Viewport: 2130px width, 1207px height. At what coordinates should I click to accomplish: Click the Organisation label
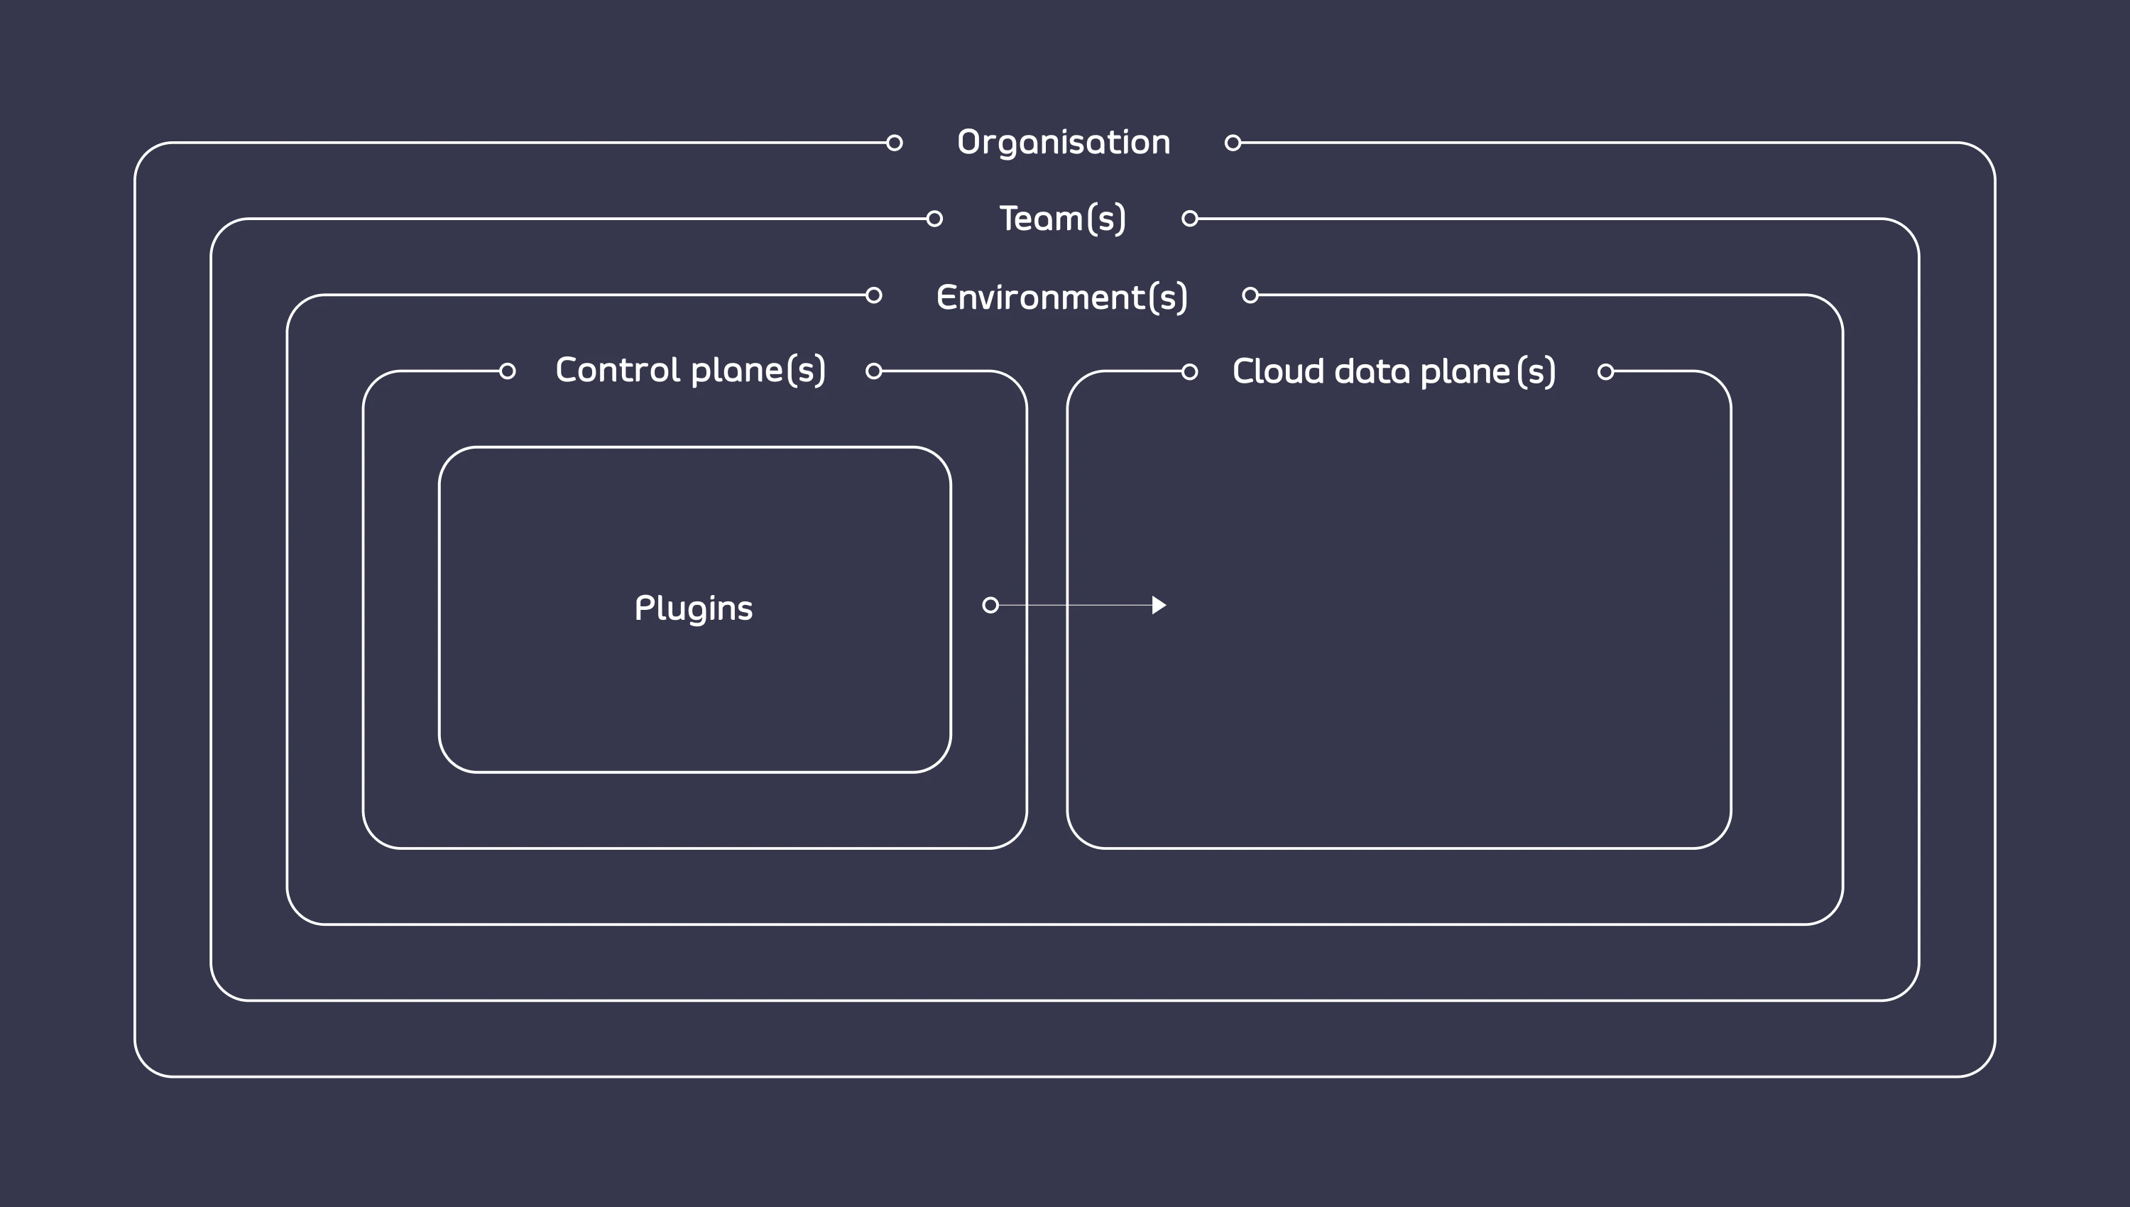pyautogui.click(x=1064, y=143)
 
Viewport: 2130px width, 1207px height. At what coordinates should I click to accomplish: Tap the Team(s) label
pyautogui.click(x=1062, y=219)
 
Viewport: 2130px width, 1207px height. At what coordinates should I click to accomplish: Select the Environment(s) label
pyautogui.click(x=1061, y=297)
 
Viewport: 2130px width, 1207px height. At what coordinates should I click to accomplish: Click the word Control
pyautogui.click(x=618, y=370)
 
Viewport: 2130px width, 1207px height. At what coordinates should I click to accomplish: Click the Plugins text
pyautogui.click(x=694, y=608)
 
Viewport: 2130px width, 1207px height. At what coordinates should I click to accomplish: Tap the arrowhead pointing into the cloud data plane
pyautogui.click(x=1159, y=605)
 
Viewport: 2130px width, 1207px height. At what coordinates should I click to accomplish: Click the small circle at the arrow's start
pyautogui.click(x=990, y=605)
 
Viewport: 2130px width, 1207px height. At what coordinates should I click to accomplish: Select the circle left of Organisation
pyautogui.click(x=895, y=143)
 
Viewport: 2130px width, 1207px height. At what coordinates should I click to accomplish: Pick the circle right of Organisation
pyautogui.click(x=1233, y=143)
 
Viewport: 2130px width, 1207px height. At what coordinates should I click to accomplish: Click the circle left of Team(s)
pyautogui.click(x=935, y=219)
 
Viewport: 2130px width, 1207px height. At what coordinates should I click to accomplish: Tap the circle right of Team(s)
pyautogui.click(x=1190, y=219)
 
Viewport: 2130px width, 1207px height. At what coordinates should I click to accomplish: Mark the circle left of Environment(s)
pyautogui.click(x=873, y=295)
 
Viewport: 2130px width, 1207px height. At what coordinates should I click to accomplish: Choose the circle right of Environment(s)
pyautogui.click(x=1250, y=295)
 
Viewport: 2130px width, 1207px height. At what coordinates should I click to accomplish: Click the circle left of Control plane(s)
pyautogui.click(x=507, y=371)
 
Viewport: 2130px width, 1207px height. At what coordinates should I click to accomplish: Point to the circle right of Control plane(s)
pyautogui.click(x=873, y=371)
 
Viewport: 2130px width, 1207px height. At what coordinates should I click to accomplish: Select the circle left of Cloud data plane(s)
pyautogui.click(x=1190, y=371)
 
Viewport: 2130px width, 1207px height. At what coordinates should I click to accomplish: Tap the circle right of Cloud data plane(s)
pyautogui.click(x=1606, y=371)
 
